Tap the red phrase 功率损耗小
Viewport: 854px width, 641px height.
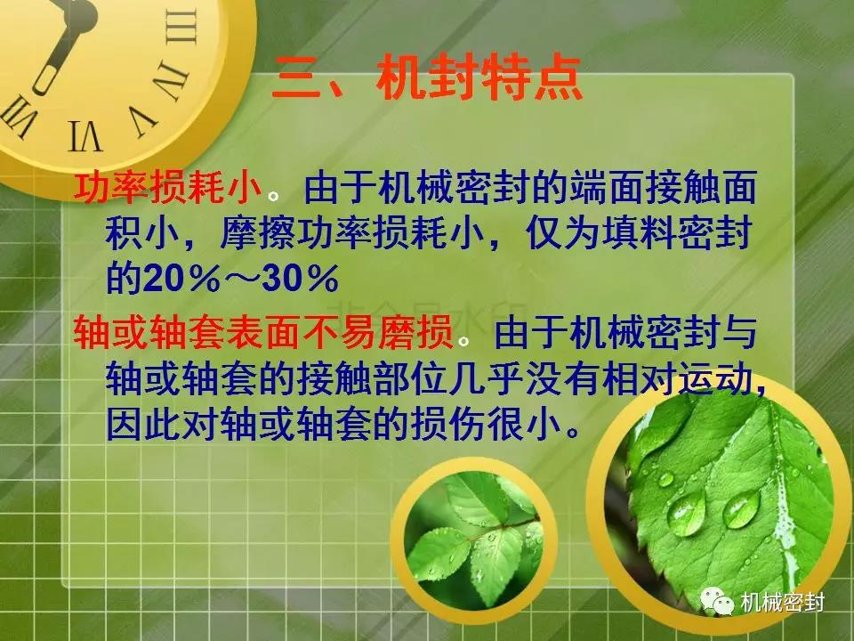tap(169, 188)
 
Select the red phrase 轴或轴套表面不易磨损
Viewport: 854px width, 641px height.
tap(264, 332)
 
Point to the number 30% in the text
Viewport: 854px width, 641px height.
tap(301, 279)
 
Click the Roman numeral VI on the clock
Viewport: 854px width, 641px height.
tap(85, 135)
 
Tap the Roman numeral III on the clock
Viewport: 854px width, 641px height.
tap(181, 26)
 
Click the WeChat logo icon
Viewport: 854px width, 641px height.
tap(717, 601)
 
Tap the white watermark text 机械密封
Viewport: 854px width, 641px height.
tap(783, 603)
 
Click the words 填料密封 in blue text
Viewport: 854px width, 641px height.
tap(677, 233)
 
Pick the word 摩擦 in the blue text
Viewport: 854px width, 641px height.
tap(257, 233)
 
